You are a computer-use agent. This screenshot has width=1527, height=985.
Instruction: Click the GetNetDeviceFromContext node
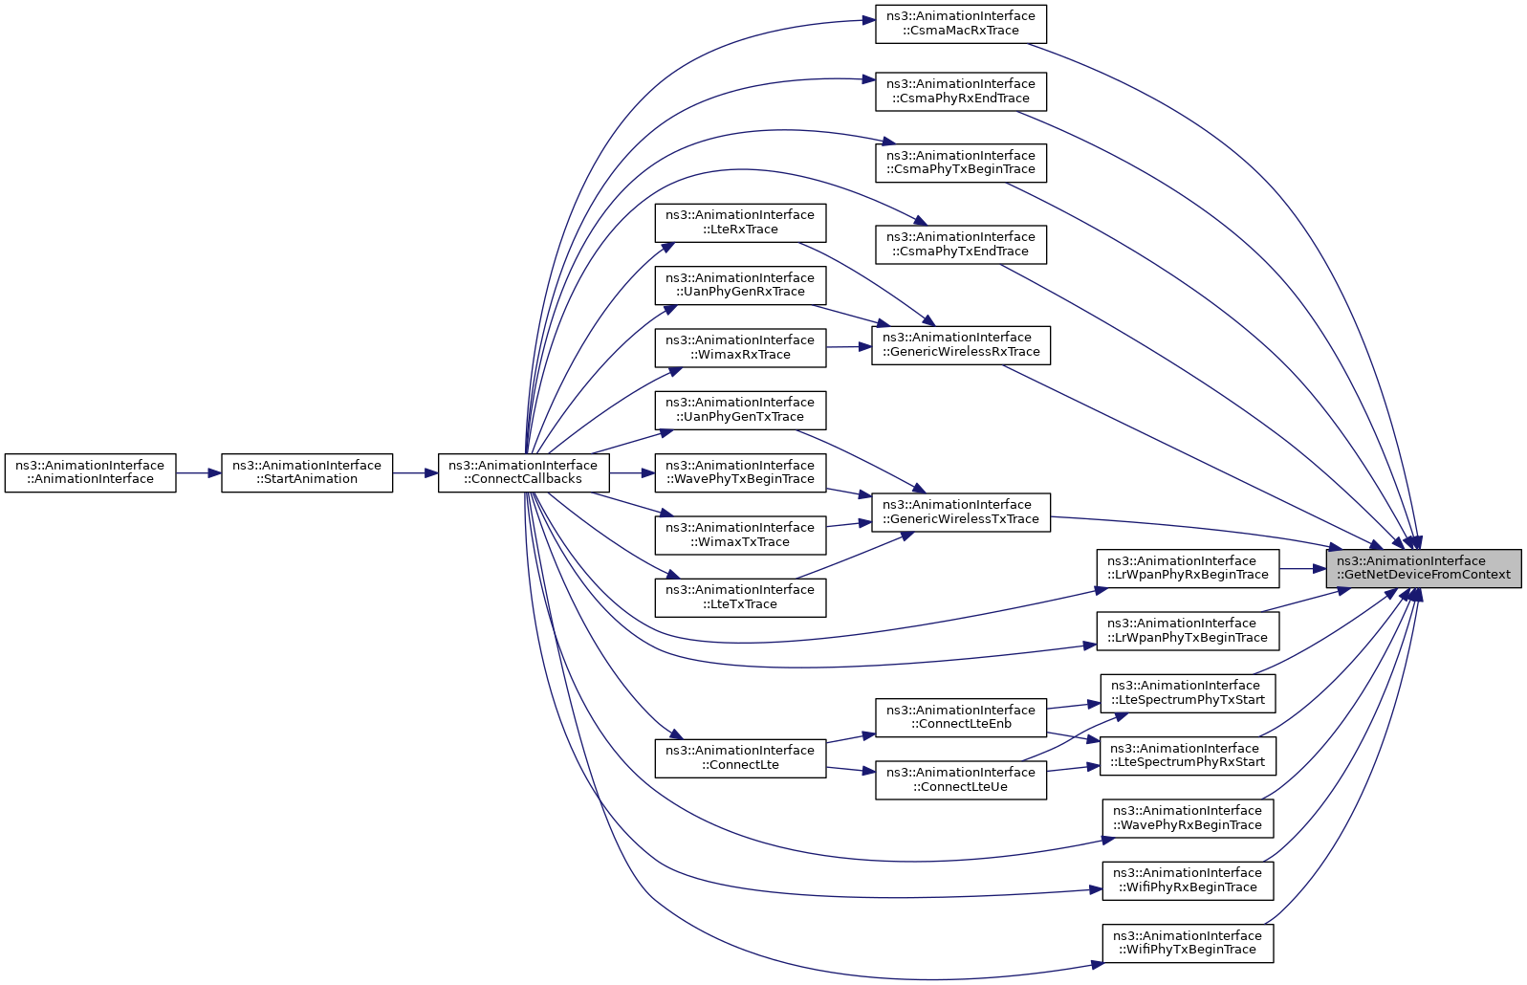(1423, 568)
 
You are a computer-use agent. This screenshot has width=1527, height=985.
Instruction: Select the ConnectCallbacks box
(524, 472)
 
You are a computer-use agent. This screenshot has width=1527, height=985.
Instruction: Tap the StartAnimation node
(307, 472)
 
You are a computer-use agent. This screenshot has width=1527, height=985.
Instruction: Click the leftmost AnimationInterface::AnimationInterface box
(90, 472)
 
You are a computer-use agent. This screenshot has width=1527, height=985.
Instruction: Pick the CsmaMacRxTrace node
(961, 24)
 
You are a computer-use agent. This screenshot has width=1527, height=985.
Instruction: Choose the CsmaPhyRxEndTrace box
(961, 92)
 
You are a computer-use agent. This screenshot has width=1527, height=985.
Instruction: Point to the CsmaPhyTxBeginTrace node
(961, 163)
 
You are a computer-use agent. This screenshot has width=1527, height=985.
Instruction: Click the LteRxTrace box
(740, 222)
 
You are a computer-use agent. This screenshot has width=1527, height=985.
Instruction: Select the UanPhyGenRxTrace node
(740, 285)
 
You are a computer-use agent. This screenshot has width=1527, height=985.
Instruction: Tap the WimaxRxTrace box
(740, 348)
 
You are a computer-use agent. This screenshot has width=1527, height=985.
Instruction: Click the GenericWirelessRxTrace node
(961, 345)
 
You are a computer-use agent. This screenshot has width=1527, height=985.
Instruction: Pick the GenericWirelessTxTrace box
(961, 512)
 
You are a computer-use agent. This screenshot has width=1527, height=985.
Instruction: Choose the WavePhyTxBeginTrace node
(740, 472)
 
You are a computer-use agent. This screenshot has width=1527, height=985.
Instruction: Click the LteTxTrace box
(740, 598)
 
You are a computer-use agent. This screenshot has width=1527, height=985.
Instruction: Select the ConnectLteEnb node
(961, 717)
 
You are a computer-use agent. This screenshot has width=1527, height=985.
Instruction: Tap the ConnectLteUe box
(961, 779)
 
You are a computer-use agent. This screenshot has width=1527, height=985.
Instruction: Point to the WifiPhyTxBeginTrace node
(1188, 944)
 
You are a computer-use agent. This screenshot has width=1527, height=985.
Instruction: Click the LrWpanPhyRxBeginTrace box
(1188, 568)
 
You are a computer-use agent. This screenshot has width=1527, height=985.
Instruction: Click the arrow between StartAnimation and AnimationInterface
(198, 472)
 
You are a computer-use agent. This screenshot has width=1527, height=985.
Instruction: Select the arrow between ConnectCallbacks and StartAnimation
(415, 472)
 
